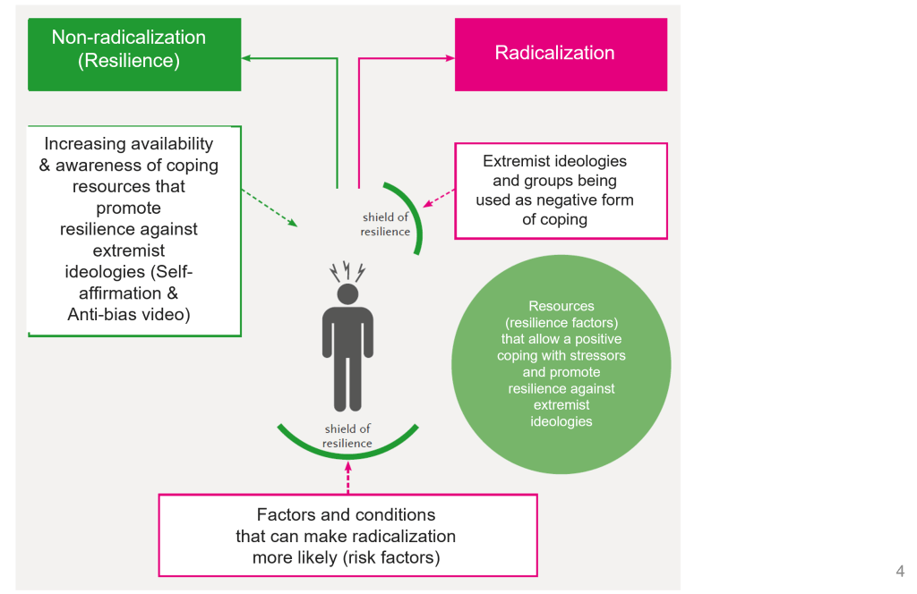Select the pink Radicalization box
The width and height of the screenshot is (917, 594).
pos(561,53)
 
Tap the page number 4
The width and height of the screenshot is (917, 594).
pos(900,571)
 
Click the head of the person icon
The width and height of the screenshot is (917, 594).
pos(347,293)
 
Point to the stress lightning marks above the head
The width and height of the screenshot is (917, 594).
pos(347,270)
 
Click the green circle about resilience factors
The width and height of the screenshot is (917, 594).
pos(561,364)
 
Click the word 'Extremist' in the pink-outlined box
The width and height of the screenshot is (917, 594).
pos(515,161)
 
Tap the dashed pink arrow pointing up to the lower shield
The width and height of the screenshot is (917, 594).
pos(347,474)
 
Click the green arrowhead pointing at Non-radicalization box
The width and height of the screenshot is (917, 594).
pos(247,58)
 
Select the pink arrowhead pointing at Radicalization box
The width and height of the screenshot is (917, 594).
pos(450,58)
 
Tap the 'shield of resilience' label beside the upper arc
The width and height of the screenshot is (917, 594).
pos(386,225)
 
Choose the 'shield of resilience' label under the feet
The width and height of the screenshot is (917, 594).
pos(347,436)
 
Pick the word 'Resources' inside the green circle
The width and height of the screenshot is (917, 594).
pos(561,306)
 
